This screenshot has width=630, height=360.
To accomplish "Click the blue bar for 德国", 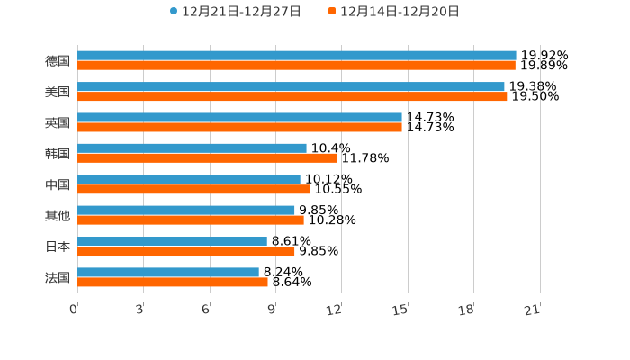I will click(x=297, y=56).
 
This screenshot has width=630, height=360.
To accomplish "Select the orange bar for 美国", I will click(x=292, y=96).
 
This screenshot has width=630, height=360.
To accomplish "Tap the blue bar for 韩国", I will click(x=192, y=148).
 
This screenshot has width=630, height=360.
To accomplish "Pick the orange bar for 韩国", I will click(x=207, y=158).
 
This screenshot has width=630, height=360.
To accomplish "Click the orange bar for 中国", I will click(x=193, y=189).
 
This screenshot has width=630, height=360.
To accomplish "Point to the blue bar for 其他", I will click(x=186, y=211).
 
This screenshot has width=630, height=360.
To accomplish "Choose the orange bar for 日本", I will click(x=186, y=251).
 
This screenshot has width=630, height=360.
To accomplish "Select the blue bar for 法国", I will click(x=168, y=272).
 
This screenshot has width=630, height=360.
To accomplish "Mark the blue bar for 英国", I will click(x=239, y=117).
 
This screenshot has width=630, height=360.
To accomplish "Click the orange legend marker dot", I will click(x=332, y=12).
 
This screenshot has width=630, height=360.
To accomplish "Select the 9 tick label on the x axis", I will click(x=271, y=310).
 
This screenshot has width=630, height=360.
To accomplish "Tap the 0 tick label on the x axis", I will click(x=74, y=310).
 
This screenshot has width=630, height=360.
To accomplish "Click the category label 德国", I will click(x=58, y=61).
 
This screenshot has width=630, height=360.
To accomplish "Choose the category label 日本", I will click(x=58, y=247).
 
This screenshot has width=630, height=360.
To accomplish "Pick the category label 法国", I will click(x=58, y=277).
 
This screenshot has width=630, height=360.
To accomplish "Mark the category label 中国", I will click(x=58, y=184).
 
